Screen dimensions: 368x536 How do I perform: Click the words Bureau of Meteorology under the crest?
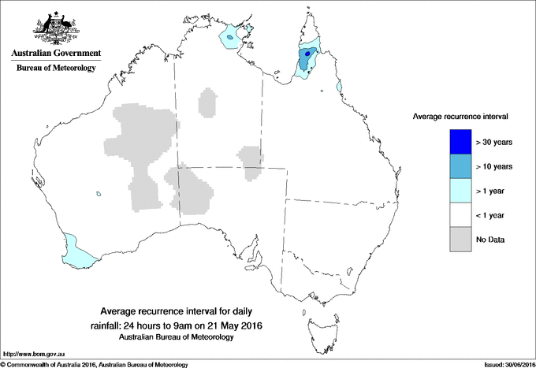pyautogui.click(x=56, y=69)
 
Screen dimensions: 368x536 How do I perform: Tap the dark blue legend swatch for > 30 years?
pyautogui.click(x=460, y=142)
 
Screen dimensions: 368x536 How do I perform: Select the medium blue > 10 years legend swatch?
pyautogui.click(x=460, y=166)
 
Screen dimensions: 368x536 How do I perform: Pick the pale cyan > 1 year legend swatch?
pyautogui.click(x=460, y=191)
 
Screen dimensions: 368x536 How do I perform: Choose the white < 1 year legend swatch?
pyautogui.click(x=460, y=215)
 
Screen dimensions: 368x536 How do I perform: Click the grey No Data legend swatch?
pyautogui.click(x=460, y=240)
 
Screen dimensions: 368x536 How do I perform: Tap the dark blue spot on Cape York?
pyautogui.click(x=307, y=54)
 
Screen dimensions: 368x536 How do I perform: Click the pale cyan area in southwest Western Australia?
pyautogui.click(x=77, y=251)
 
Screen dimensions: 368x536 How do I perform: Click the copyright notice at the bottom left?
pyautogui.click(x=95, y=364)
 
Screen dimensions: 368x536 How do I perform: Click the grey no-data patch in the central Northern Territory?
pyautogui.click(x=209, y=102)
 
